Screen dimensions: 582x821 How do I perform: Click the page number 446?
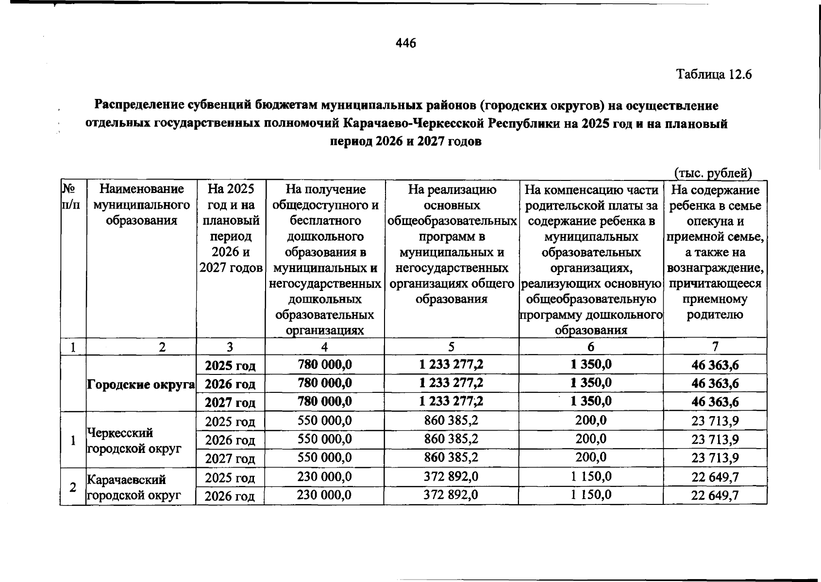click(406, 44)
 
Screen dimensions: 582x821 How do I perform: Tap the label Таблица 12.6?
click(714, 75)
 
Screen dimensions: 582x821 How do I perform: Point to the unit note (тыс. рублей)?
click(713, 173)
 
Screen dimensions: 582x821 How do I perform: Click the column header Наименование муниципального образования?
click(141, 205)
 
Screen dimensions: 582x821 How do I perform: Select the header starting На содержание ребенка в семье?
click(715, 252)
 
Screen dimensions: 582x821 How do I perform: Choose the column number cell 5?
click(452, 347)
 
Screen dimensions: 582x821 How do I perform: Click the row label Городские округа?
click(141, 385)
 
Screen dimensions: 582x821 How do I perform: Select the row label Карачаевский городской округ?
click(134, 487)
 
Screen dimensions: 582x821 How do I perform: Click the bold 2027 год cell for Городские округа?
click(230, 403)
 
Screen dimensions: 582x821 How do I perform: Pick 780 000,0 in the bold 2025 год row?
click(324, 365)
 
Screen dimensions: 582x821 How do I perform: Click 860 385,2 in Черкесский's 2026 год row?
click(451, 439)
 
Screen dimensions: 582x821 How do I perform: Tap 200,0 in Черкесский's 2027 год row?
click(591, 457)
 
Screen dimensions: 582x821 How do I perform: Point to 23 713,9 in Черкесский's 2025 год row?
click(715, 421)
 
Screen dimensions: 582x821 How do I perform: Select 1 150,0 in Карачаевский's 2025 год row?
click(591, 477)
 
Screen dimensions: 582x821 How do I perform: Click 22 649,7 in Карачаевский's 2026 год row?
click(715, 496)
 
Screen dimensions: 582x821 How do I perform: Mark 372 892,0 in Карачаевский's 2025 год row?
click(451, 477)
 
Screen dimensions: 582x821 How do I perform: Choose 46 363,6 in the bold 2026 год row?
click(715, 384)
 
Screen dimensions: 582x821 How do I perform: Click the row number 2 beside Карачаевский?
click(73, 487)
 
